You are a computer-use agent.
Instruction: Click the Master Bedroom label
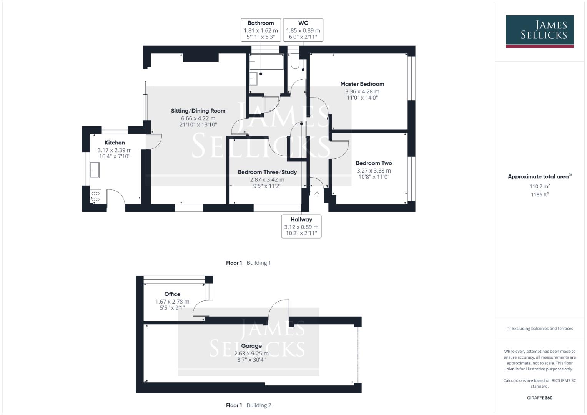click(x=362, y=84)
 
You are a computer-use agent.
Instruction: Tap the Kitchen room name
click(x=115, y=143)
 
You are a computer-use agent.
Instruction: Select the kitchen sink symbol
click(x=95, y=170)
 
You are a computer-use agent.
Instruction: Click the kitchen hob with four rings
click(x=95, y=196)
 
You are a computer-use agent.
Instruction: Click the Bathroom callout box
click(x=261, y=30)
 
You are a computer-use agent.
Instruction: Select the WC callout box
click(x=303, y=30)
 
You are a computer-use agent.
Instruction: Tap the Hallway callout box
click(x=301, y=226)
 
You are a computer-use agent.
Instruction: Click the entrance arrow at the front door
click(x=317, y=194)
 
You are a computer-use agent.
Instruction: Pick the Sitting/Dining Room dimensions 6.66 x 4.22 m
click(x=198, y=118)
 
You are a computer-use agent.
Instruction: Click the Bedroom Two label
click(x=374, y=163)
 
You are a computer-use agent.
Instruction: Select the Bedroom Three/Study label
click(x=267, y=172)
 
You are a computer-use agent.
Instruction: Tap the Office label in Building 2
click(x=172, y=294)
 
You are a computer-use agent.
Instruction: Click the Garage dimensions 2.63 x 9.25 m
click(x=251, y=353)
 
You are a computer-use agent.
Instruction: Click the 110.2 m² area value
click(x=539, y=186)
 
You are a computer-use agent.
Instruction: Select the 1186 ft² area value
click(x=539, y=194)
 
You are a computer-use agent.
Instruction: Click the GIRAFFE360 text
click(x=539, y=398)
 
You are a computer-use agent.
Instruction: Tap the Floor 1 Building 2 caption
click(x=248, y=405)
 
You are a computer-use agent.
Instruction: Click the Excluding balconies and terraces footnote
click(x=539, y=329)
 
